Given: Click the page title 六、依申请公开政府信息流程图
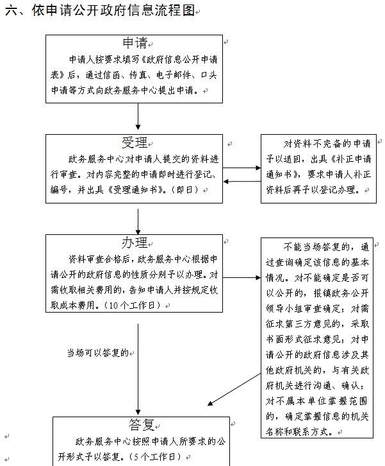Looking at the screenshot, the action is (99, 10).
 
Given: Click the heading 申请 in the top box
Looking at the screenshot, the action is (135, 43).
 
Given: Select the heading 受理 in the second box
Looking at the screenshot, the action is (135, 142).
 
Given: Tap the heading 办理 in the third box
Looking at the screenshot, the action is (135, 243).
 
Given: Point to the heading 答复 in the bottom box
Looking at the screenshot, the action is (142, 425).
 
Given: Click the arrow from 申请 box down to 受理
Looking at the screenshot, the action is (138, 117).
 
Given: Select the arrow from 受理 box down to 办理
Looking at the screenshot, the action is (138, 221).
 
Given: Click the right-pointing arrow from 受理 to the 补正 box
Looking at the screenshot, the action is (242, 168).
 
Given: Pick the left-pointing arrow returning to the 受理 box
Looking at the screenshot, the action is (242, 181).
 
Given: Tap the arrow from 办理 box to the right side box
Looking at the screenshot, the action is (242, 277).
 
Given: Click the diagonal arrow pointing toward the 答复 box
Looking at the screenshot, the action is (234, 390).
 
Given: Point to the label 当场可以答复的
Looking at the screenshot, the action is (98, 353).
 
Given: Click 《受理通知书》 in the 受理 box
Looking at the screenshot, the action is (136, 189).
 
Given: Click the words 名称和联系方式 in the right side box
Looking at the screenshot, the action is (297, 431).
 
